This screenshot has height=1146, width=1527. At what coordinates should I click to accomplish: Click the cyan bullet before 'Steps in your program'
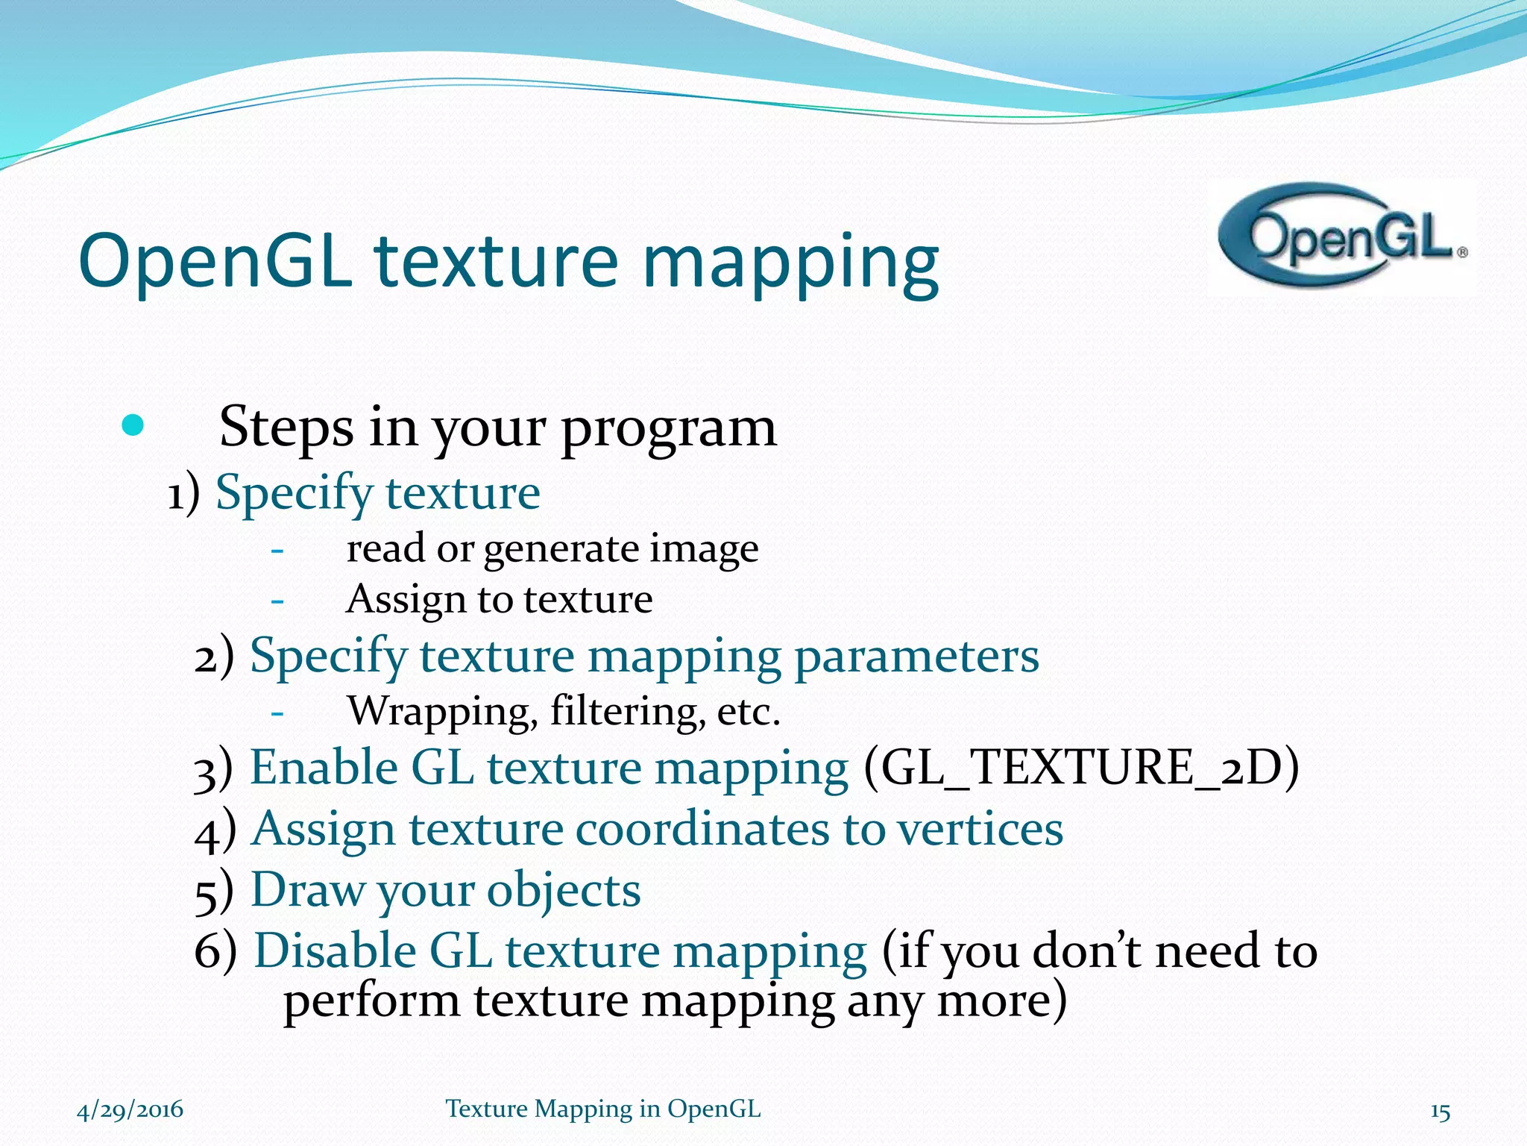tap(132, 426)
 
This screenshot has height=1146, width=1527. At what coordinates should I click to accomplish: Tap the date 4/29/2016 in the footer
tap(130, 1109)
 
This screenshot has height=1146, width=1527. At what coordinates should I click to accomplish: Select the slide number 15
tap(1440, 1112)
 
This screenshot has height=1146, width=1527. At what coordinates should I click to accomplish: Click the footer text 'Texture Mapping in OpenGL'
tap(603, 1109)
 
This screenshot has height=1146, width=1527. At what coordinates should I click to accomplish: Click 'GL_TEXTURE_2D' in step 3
tap(1081, 768)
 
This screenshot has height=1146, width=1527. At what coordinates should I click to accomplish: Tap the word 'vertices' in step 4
tap(980, 828)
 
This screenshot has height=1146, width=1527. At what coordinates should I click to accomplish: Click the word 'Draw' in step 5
tap(308, 889)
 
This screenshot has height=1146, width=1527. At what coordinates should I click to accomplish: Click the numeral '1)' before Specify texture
tap(183, 494)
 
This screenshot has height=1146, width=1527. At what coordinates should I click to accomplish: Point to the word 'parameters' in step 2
tap(916, 657)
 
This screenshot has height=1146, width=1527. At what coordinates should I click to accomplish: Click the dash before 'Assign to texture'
tap(277, 600)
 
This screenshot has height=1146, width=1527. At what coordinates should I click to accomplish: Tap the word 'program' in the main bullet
tap(669, 428)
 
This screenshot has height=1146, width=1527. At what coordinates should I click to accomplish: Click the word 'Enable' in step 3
tap(324, 768)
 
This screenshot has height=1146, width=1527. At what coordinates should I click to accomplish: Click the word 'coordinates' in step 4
tap(702, 828)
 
